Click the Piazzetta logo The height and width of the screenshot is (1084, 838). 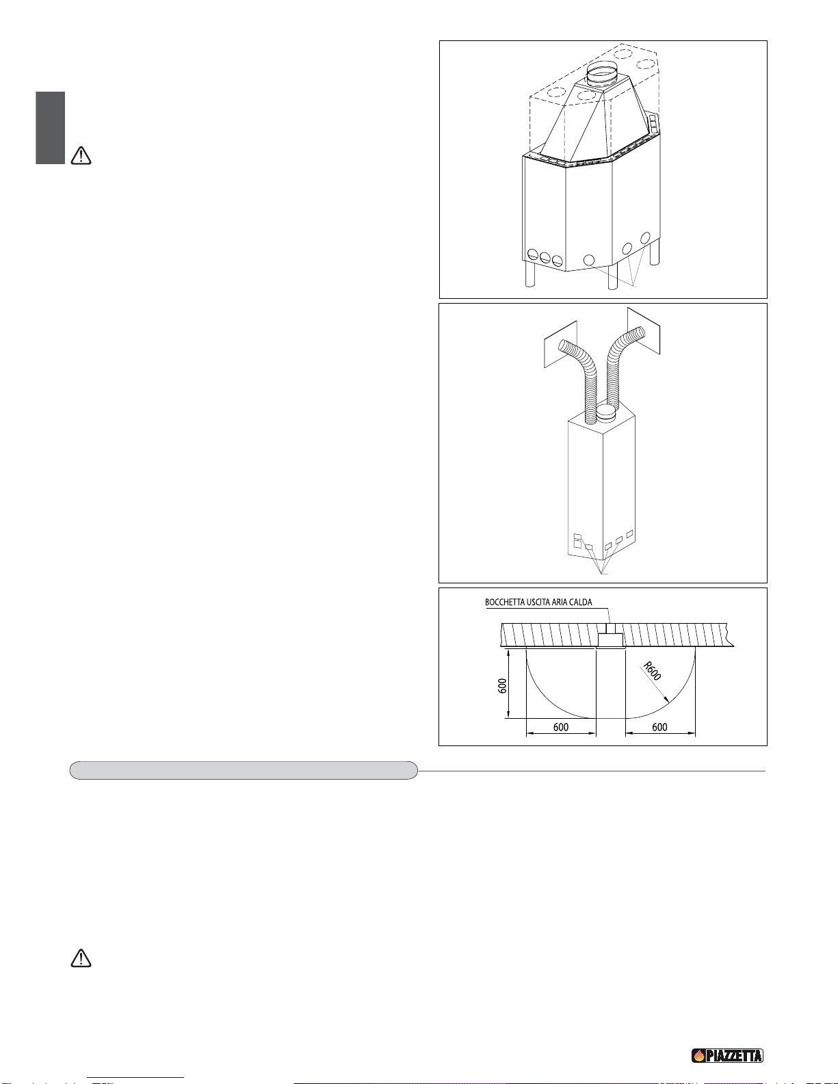pos(726,1055)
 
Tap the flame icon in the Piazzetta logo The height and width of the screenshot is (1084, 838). pos(699,1055)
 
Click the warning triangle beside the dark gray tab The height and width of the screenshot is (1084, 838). pos(81,156)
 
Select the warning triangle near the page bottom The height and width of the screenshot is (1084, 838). pos(81,958)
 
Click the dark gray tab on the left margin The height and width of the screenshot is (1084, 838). pos(51,128)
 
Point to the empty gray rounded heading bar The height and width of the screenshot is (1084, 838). pos(244,770)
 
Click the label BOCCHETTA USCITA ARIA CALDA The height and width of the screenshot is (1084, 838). pos(538,602)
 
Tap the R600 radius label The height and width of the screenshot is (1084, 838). pos(652,671)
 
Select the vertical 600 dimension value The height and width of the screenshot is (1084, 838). pos(502,686)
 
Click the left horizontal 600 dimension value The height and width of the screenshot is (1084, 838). pos(561,727)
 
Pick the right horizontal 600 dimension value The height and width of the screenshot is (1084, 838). pos(659,727)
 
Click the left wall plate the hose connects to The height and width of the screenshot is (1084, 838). pos(561,344)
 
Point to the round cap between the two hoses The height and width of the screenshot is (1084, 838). pos(607,413)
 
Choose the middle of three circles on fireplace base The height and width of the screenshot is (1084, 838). pos(545,258)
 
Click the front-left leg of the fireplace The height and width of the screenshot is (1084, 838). pos(529,274)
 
